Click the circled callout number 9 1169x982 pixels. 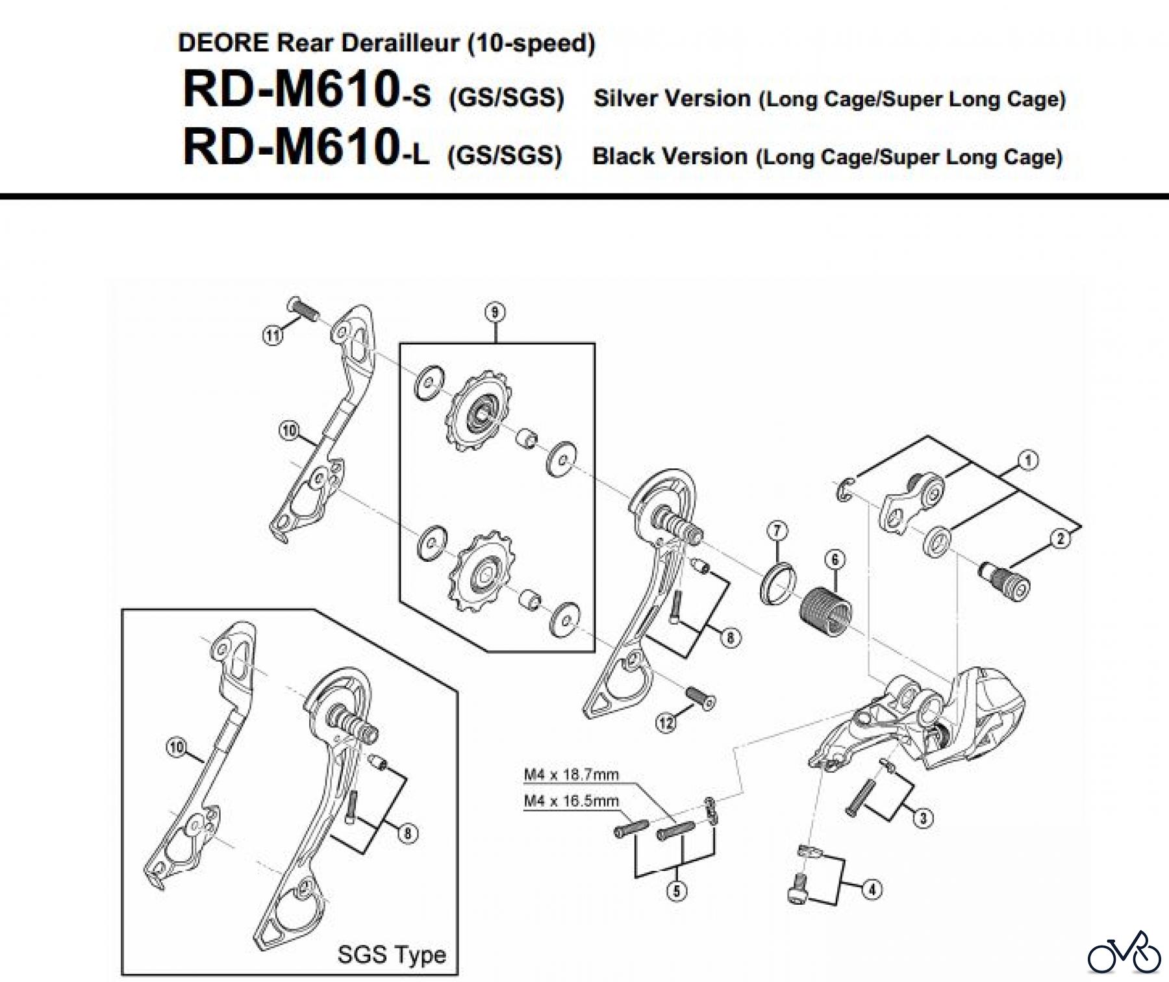tap(495, 313)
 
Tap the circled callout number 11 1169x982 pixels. tap(273, 336)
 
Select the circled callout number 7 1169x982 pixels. tap(777, 531)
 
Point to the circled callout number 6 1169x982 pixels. tap(835, 559)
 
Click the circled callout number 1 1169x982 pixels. tap(1027, 460)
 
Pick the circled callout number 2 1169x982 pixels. tap(1061, 538)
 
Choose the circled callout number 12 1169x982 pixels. tap(666, 722)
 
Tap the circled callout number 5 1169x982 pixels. tap(677, 890)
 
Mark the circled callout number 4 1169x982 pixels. tap(872, 889)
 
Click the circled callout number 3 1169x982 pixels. tap(923, 817)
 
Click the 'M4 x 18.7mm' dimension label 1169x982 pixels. tap(571, 774)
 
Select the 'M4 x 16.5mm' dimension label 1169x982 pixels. tap(571, 801)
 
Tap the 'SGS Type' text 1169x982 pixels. tap(392, 954)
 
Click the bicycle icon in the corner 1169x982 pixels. tap(1124, 953)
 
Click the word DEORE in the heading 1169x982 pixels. tap(223, 43)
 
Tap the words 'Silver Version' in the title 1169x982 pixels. tap(672, 99)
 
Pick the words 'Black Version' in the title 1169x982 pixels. tap(670, 157)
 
